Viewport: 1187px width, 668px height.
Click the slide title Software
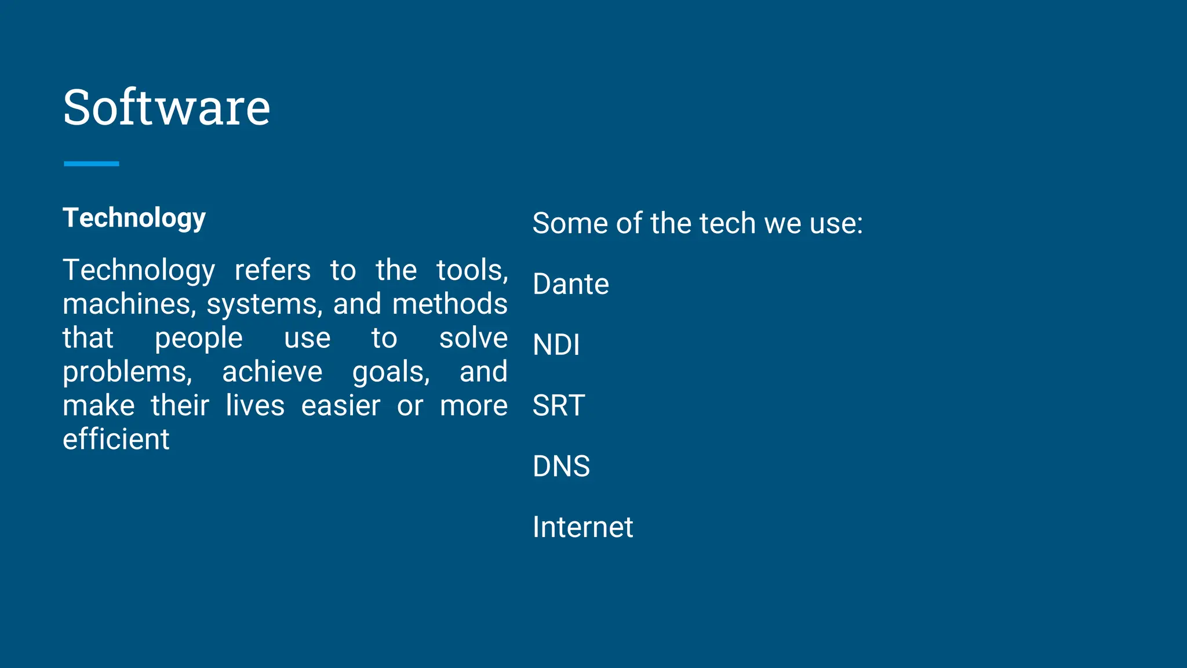[166, 108]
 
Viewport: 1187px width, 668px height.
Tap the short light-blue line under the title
[92, 164]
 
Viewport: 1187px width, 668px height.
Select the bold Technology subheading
[134, 219]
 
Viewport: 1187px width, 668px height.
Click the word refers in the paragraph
[272, 270]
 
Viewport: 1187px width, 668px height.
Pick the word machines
[129, 304]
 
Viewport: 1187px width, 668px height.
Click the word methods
[450, 304]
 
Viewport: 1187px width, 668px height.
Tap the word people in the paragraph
[198, 339]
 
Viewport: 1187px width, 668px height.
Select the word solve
[473, 338]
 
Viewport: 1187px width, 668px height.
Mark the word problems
[127, 372]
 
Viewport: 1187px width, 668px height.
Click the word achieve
[272, 372]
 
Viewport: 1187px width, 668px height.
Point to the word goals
[391, 372]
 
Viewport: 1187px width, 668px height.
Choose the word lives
[255, 405]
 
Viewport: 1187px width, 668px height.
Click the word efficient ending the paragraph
[116, 440]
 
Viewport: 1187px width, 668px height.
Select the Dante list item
[571, 284]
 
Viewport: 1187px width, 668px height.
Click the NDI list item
[556, 345]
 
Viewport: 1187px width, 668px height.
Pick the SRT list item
[559, 405]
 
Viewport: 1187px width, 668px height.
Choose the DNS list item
[561, 466]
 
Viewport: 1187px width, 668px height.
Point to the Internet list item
[582, 527]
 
